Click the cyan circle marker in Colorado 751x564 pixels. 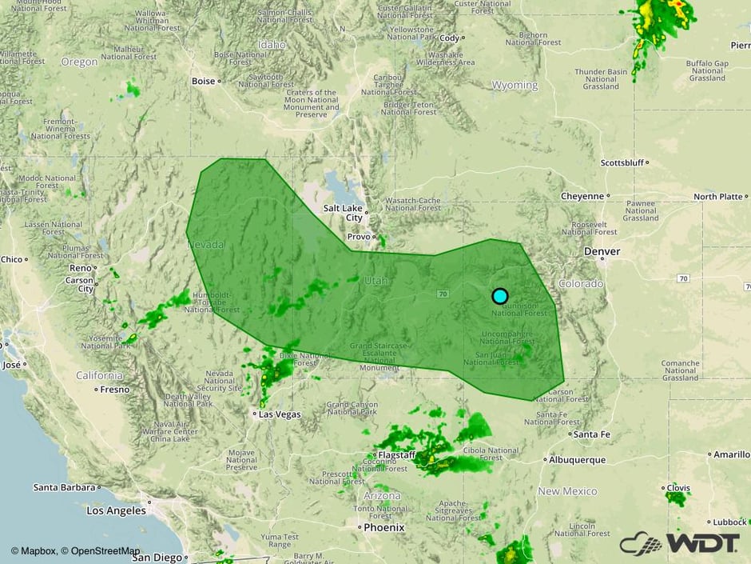pyautogui.click(x=499, y=296)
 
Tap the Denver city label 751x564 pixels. pyautogui.click(x=602, y=251)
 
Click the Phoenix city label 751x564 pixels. pyautogui.click(x=384, y=528)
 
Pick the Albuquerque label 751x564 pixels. pyautogui.click(x=577, y=460)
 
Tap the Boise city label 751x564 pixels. pyautogui.click(x=204, y=82)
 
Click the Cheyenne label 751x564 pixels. pyautogui.click(x=582, y=196)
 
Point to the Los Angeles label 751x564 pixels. pyautogui.click(x=117, y=510)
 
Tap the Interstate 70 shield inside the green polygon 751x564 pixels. pyautogui.click(x=442, y=294)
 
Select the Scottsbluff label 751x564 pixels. pyautogui.click(x=622, y=162)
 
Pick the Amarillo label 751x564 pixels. pyautogui.click(x=732, y=454)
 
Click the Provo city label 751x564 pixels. pyautogui.click(x=358, y=238)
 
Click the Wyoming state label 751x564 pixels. pyautogui.click(x=515, y=85)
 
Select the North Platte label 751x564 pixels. pyautogui.click(x=717, y=196)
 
